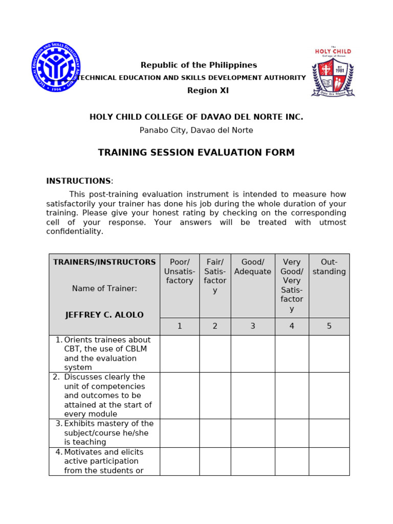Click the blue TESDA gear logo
pyautogui.click(x=55, y=67)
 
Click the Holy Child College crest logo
pyautogui.click(x=333, y=72)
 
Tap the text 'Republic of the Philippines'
pyautogui.click(x=199, y=65)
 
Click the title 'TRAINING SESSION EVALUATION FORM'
pyautogui.click(x=196, y=152)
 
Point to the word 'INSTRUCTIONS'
pyautogui.click(x=78, y=181)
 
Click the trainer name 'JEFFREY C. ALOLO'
pyautogui.click(x=104, y=315)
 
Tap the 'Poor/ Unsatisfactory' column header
pyautogui.click(x=180, y=271)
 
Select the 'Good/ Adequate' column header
pyautogui.click(x=253, y=267)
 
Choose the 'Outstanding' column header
pyautogui.click(x=329, y=267)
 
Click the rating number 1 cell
pyautogui.click(x=180, y=326)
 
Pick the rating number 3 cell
pyautogui.click(x=253, y=326)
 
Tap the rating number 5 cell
pyautogui.click(x=329, y=326)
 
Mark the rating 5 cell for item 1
pyautogui.click(x=329, y=354)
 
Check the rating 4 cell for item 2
pyautogui.click(x=292, y=396)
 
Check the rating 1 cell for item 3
pyautogui.click(x=180, y=433)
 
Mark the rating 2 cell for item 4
pyautogui.click(x=215, y=462)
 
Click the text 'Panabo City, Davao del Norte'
pyautogui.click(x=196, y=130)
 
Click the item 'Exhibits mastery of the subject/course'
pyautogui.click(x=108, y=433)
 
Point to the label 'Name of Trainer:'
pyautogui.click(x=104, y=289)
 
